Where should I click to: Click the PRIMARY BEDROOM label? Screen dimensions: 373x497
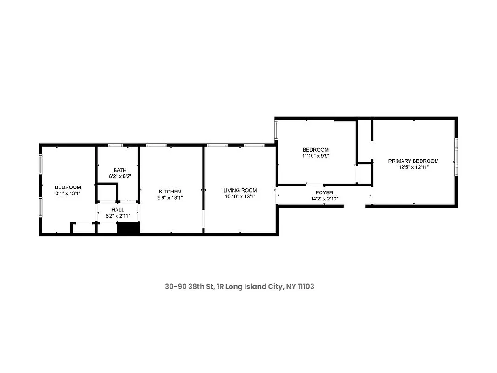tap(413, 161)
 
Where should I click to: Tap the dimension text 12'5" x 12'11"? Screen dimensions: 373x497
tap(413, 167)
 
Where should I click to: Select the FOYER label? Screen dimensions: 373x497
tap(324, 193)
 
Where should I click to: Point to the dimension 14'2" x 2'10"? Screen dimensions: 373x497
tap(324, 199)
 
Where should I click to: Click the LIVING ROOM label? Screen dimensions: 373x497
tap(239, 190)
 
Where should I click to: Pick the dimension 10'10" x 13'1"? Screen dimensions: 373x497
tap(239, 197)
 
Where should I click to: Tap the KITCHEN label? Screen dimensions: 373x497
tap(170, 192)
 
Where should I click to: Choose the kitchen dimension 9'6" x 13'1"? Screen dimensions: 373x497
tap(170, 198)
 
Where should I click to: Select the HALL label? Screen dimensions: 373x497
tap(117, 210)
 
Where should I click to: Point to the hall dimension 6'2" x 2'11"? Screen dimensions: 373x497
tap(117, 216)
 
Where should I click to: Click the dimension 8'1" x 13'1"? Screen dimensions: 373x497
tap(68, 193)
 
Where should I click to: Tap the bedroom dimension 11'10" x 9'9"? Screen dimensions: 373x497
tap(316, 156)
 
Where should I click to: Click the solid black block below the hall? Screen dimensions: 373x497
tap(129, 228)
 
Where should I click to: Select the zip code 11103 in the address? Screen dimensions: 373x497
tap(304, 286)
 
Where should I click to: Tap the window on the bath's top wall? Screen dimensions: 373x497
tap(115, 145)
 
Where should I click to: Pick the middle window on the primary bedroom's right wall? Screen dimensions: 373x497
tap(456, 155)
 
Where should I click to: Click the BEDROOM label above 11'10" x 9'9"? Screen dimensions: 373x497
tap(316, 150)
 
